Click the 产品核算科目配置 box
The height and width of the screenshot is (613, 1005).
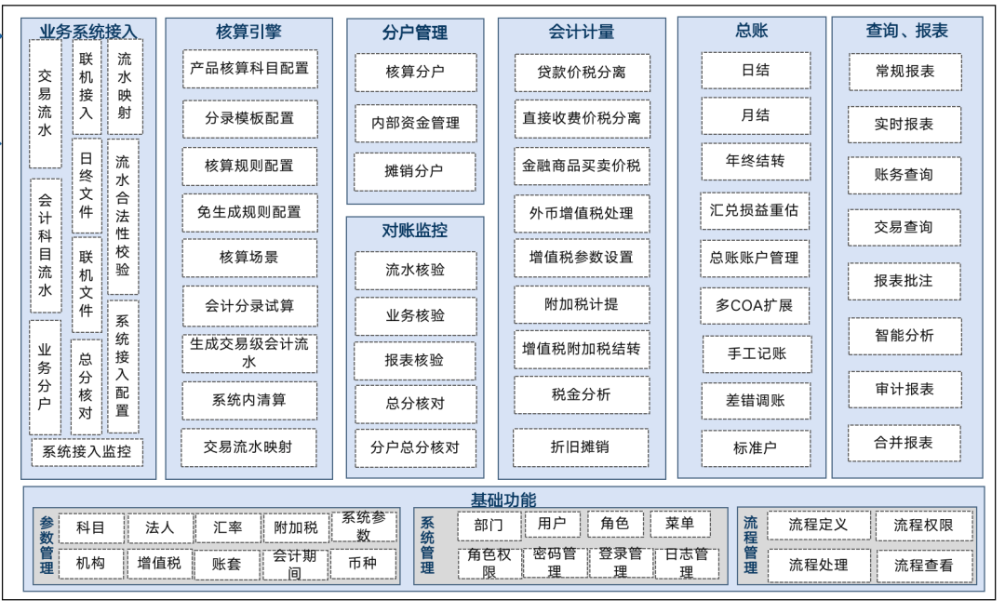[x=248, y=69]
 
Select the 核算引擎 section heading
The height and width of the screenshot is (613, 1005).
[x=248, y=32]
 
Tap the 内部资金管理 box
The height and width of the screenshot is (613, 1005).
[x=415, y=122]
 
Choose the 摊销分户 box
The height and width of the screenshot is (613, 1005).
[x=415, y=171]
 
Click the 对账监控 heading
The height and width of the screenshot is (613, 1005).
[x=415, y=230]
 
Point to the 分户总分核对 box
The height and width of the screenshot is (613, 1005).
[x=415, y=447]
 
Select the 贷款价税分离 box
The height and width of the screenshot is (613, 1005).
[x=582, y=73]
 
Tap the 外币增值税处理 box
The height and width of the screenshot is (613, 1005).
[x=582, y=213]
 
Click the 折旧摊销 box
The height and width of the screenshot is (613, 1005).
[x=582, y=447]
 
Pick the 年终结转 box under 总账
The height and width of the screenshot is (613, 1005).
[x=755, y=161]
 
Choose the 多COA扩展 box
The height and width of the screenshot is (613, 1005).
[x=755, y=305]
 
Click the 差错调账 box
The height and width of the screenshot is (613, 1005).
[x=755, y=401]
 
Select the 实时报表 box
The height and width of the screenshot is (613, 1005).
[x=904, y=124]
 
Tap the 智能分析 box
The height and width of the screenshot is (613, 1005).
[x=904, y=336]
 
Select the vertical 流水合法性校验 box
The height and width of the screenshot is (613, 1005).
[x=123, y=217]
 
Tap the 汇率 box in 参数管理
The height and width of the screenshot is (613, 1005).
[x=228, y=527]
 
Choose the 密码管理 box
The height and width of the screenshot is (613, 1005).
[x=555, y=563]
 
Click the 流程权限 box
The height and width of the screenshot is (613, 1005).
[x=923, y=526]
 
